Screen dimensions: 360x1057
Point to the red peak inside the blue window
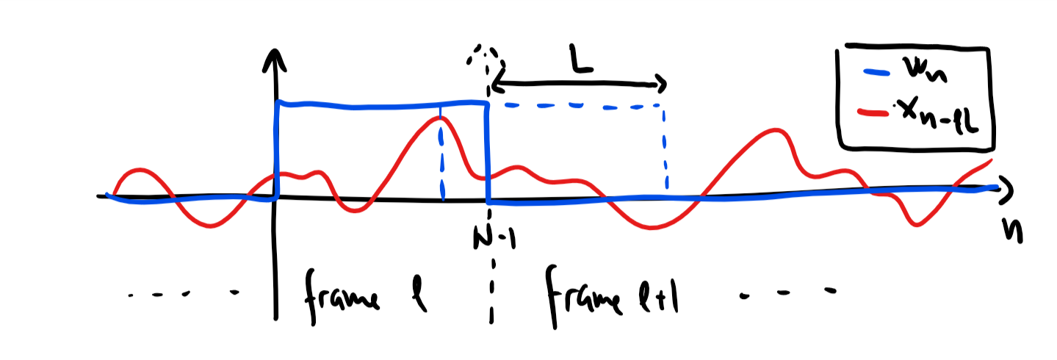pos(439,118)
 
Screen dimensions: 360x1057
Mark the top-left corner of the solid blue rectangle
pos(277,104)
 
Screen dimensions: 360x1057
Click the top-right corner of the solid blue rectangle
pos(486,104)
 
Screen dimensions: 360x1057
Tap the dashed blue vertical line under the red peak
pos(441,162)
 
